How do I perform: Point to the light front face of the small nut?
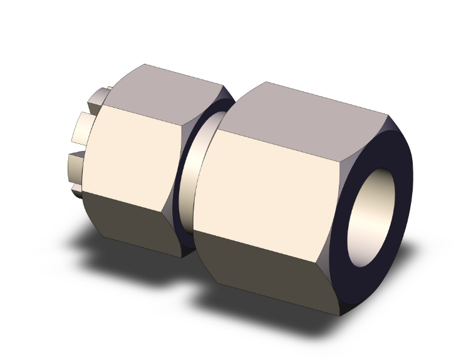(x=135, y=150)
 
